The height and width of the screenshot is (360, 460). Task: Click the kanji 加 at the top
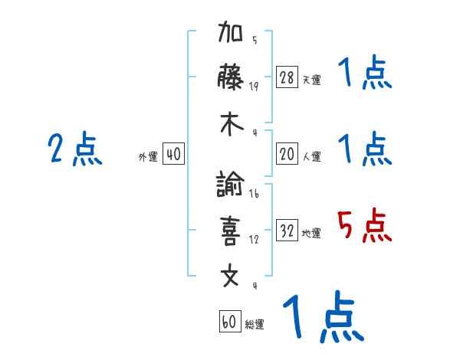[x=231, y=34]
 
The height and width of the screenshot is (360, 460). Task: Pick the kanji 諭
[x=231, y=185]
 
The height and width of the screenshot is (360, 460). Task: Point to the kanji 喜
[x=231, y=230]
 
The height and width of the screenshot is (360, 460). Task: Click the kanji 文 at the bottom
[x=231, y=275]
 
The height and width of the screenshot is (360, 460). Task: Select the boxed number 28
[x=287, y=77]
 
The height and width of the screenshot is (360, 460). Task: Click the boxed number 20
[x=287, y=154]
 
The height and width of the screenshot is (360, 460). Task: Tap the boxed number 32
[x=287, y=231]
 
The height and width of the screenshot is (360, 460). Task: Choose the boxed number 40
[x=173, y=154]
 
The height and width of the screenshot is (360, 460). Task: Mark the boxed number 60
[x=229, y=322]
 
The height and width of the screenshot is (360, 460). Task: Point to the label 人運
[x=311, y=156]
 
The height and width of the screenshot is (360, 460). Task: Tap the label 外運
[x=148, y=156]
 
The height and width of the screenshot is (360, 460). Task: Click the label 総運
[x=255, y=324]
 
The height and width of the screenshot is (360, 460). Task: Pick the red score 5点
[x=365, y=225]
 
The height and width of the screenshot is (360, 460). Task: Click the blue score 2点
[x=75, y=149]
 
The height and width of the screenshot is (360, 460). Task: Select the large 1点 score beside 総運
[x=322, y=317]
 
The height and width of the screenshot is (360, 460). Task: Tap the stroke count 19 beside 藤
[x=254, y=86]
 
